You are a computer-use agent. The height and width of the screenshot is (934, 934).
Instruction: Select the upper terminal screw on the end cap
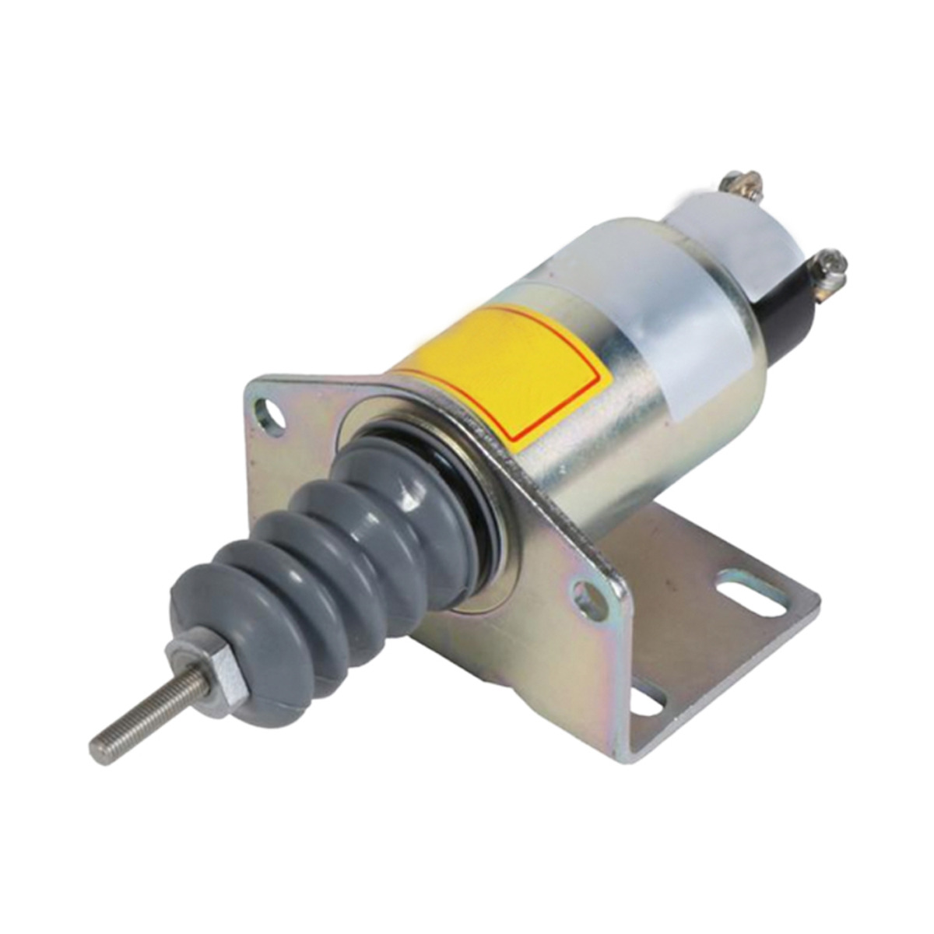point(732,184)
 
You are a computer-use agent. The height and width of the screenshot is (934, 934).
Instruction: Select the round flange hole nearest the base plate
point(589,599)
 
